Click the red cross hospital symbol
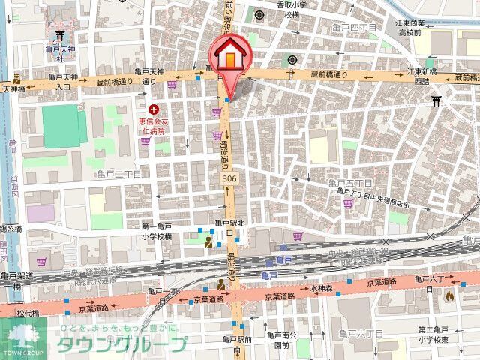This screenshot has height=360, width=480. [154, 109]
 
